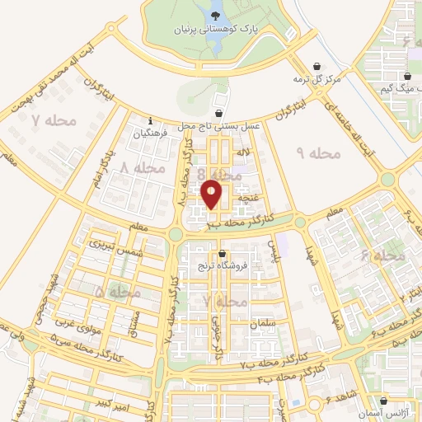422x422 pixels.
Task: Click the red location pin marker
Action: point(212,194)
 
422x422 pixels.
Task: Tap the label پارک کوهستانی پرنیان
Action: point(214,30)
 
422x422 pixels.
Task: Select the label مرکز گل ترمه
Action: point(316,79)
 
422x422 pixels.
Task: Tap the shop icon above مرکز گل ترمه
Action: point(318,67)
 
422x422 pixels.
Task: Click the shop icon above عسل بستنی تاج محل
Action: point(218,113)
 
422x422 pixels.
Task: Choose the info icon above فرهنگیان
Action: point(150,120)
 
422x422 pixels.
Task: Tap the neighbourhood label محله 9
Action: point(312,153)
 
